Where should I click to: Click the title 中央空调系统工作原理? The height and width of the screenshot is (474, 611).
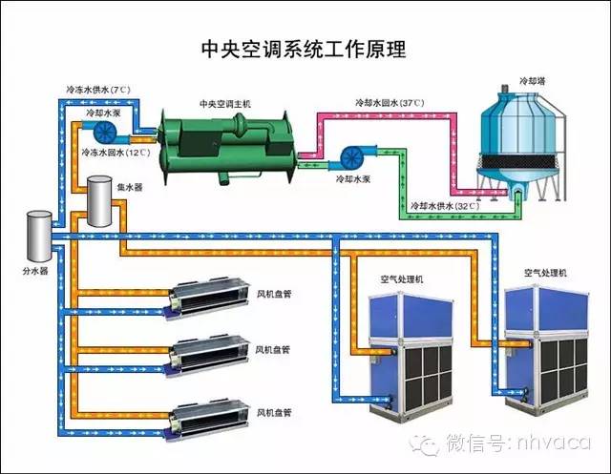tap(305, 47)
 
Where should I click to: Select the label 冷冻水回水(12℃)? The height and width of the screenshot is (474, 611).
tap(116, 152)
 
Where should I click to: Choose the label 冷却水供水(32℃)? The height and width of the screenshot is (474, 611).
tap(442, 205)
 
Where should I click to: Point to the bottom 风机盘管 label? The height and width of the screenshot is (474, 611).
tap(274, 414)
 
